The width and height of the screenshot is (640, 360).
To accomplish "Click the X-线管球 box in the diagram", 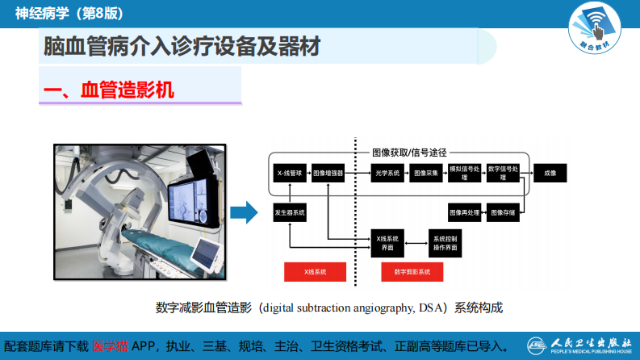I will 289,173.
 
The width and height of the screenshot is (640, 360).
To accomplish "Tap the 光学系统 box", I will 387,173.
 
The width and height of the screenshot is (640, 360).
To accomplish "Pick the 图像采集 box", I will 425,173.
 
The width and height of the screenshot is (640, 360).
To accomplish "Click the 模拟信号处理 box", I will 465,173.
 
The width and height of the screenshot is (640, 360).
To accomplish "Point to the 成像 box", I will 550,173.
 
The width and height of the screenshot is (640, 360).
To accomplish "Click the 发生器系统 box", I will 289,212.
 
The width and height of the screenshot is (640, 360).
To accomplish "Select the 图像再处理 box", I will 465,212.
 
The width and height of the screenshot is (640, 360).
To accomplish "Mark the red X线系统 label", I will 316,272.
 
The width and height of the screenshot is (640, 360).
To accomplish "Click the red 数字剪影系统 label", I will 412,272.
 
